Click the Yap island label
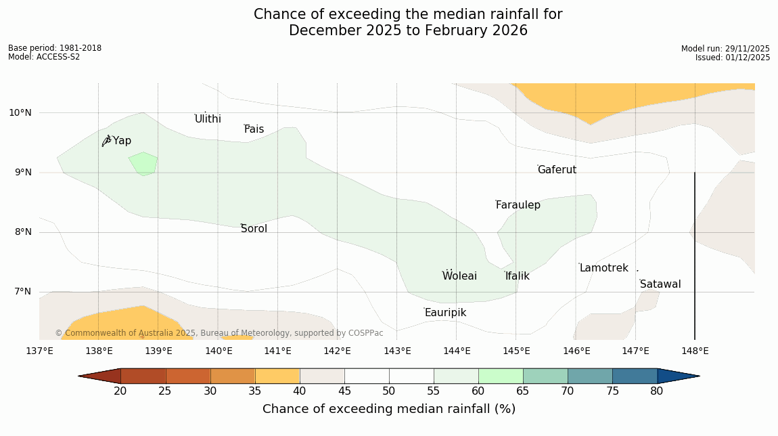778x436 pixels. pyautogui.click(x=122, y=141)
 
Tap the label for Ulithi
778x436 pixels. pyautogui.click(x=208, y=119)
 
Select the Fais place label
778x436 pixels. pyautogui.click(x=254, y=129)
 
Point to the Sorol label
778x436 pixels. pyautogui.click(x=254, y=229)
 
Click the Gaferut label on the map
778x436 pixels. pyautogui.click(x=557, y=170)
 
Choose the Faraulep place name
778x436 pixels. pyautogui.click(x=518, y=205)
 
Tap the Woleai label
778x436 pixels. pyautogui.click(x=459, y=276)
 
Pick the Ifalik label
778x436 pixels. pyautogui.click(x=517, y=276)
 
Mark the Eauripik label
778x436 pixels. pyautogui.click(x=445, y=313)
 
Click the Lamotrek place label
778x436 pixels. pyautogui.click(x=603, y=268)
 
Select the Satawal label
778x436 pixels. pyautogui.click(x=660, y=284)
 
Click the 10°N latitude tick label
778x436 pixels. pyautogui.click(x=20, y=112)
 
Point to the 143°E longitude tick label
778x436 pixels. pyautogui.click(x=397, y=351)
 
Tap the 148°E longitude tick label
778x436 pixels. pyautogui.click(x=695, y=351)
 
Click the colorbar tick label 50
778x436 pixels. pyautogui.click(x=389, y=391)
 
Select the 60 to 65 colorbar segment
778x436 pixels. pyautogui.click(x=501, y=376)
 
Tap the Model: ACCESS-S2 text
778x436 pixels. pyautogui.click(x=44, y=57)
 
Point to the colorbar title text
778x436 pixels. pyautogui.click(x=389, y=409)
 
